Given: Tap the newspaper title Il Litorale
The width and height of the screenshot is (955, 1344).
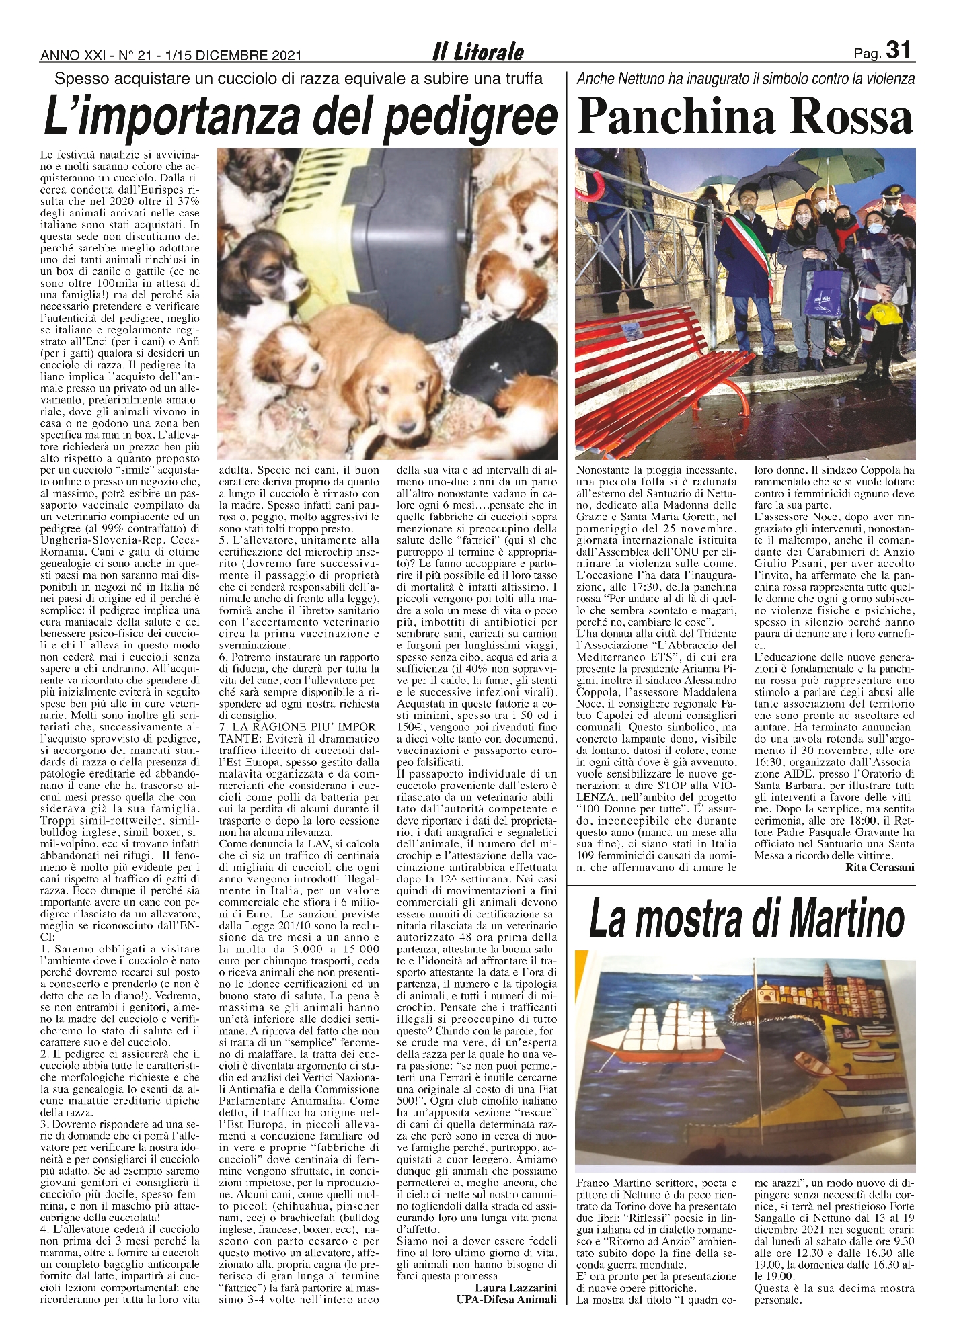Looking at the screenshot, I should click(478, 52).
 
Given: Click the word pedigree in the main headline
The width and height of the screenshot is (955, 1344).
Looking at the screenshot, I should click(471, 117).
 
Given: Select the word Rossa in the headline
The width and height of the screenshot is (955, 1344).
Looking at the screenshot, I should click(851, 117).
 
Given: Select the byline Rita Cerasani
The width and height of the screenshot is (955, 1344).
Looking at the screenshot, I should click(880, 867).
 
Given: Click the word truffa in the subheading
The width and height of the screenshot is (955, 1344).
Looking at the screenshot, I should click(519, 79).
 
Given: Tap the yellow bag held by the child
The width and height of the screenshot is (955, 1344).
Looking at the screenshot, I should click(884, 312).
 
